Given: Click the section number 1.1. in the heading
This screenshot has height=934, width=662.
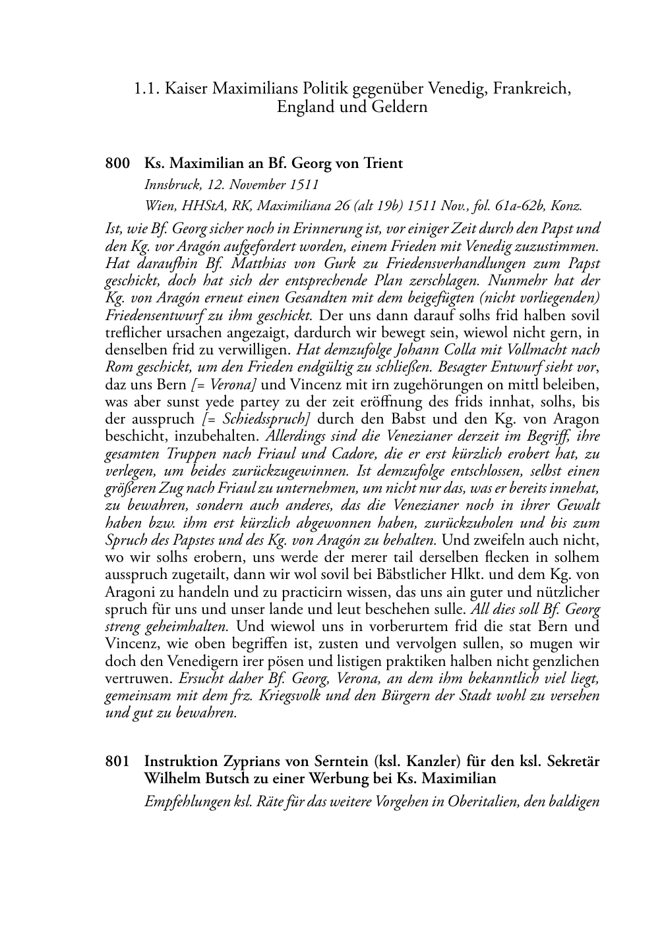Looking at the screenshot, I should click(147, 88).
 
